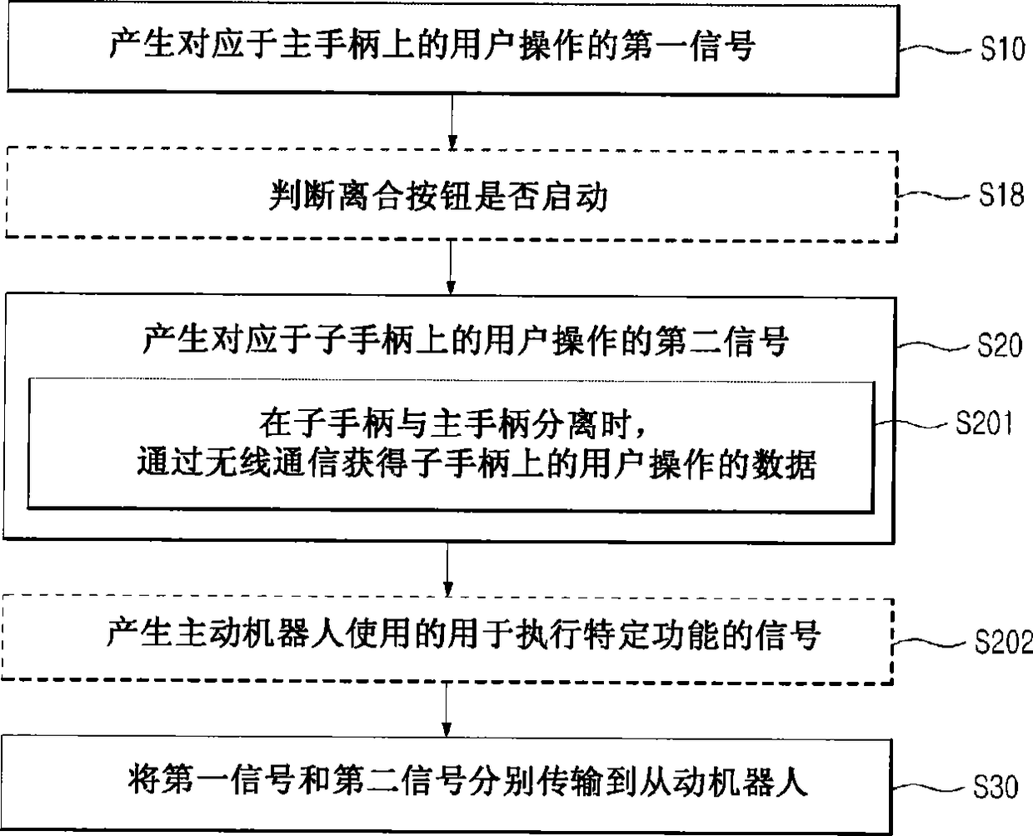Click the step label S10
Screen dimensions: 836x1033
coord(1001,49)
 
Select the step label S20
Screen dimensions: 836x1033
coord(999,344)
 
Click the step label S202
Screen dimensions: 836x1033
coord(1003,642)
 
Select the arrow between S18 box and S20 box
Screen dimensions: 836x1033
coord(451,267)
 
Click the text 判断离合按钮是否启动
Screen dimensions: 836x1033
coord(438,197)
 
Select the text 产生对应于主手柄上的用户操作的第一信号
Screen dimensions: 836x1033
coord(432,45)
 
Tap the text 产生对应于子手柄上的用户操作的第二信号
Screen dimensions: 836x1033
coord(465,342)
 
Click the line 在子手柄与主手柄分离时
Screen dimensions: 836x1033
coord(452,424)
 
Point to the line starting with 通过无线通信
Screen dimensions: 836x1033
coord(476,463)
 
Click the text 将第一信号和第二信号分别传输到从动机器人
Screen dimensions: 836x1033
coord(468,782)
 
